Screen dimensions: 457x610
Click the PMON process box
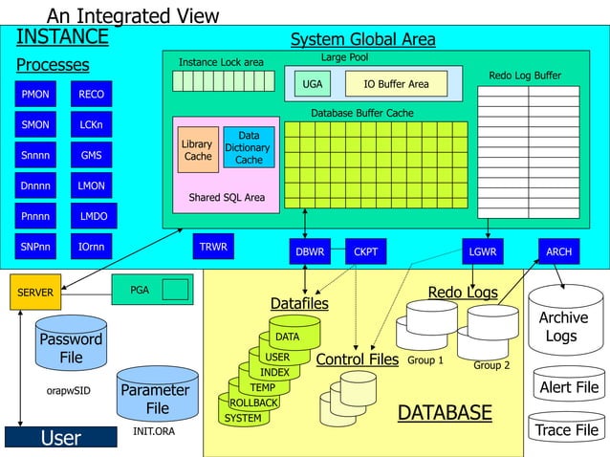(35, 95)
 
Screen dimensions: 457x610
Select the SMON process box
(35, 124)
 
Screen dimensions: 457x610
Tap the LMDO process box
(93, 216)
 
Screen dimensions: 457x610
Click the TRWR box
(213, 247)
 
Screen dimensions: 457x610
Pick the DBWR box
(311, 252)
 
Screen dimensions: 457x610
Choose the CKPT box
(365, 252)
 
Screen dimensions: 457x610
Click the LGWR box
(483, 251)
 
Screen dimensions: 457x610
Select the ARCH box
(558, 251)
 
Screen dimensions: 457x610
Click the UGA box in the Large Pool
(313, 84)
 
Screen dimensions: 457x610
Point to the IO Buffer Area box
(396, 84)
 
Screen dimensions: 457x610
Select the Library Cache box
(198, 150)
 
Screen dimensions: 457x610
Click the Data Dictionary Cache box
(249, 148)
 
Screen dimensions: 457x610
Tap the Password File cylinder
(71, 346)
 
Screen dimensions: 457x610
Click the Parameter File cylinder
(157, 398)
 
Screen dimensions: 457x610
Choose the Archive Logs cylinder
(561, 325)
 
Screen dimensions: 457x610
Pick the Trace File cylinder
(567, 429)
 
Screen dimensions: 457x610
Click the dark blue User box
(60, 438)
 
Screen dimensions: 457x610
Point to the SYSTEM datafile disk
(242, 418)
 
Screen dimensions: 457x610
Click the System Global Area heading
(362, 39)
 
